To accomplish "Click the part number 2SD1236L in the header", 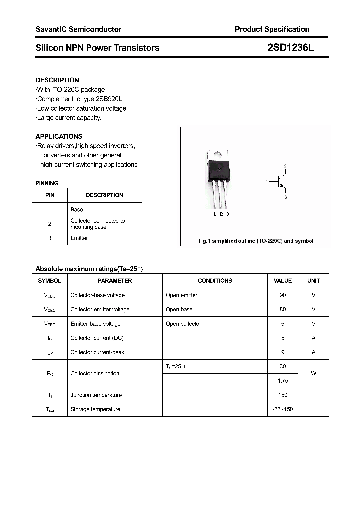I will [x=290, y=48].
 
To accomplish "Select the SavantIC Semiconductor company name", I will [x=78, y=29].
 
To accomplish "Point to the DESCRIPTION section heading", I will [x=57, y=80].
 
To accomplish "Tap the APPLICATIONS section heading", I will [x=59, y=136].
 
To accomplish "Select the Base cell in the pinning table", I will [x=77, y=209].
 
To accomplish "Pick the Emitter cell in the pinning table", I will [x=79, y=238].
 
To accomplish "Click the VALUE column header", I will [x=283, y=281].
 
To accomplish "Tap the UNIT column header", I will [x=313, y=281].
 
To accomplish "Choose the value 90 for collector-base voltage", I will [x=283, y=295].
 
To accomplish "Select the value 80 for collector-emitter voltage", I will [x=283, y=309].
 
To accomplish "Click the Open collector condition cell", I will [x=183, y=324].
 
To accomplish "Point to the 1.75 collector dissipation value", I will [x=283, y=381].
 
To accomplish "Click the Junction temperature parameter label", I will [x=96, y=395].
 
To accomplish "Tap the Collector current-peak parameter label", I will [x=97, y=352].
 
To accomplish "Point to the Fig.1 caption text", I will [x=256, y=241].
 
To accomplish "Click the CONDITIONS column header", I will [x=215, y=281].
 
